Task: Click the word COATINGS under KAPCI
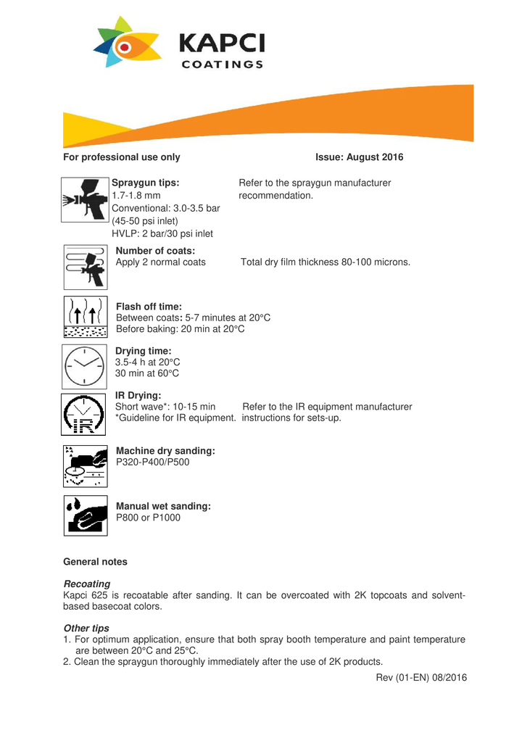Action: [x=222, y=65]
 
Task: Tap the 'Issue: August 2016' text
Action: [x=360, y=157]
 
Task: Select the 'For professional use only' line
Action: [x=122, y=157]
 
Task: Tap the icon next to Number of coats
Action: [x=86, y=266]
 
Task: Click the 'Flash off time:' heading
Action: [x=149, y=307]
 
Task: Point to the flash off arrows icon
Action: [x=86, y=318]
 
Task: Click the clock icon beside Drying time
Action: [x=86, y=367]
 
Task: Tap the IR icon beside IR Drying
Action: [x=86, y=415]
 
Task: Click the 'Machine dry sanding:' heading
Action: [x=165, y=451]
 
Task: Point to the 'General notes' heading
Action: [x=95, y=562]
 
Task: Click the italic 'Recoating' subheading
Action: [x=87, y=584]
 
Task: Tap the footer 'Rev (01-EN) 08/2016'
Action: [x=421, y=677]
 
